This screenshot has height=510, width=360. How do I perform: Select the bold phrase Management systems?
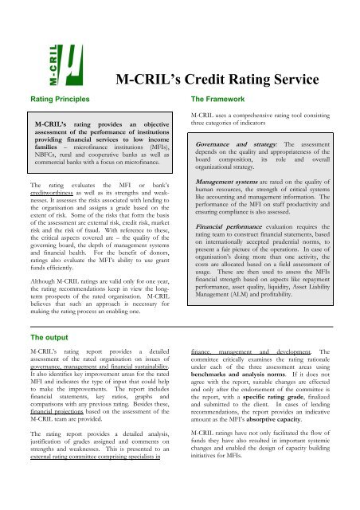click(227, 204)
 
